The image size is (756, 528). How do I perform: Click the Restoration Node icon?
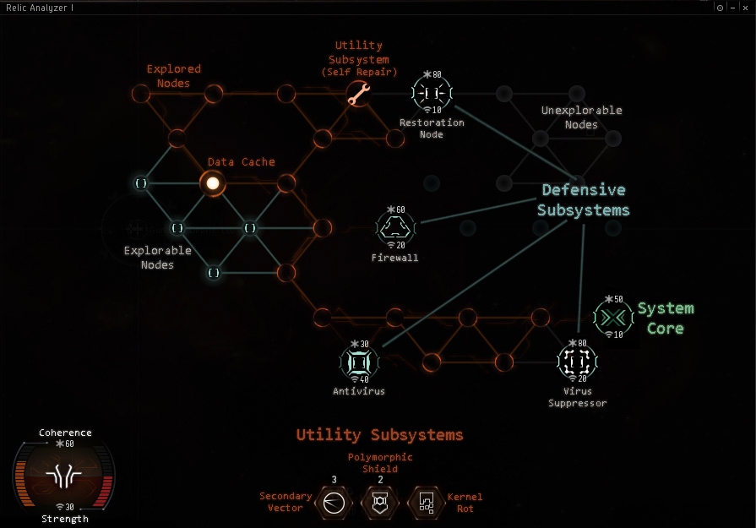pos(432,93)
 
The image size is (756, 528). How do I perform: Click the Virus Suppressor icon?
pos(577,362)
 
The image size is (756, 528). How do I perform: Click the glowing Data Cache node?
pos(213,182)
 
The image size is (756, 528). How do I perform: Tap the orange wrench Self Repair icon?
pos(359,94)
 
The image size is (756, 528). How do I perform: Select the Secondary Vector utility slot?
pos(333,503)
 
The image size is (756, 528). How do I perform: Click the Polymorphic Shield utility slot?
pos(379,503)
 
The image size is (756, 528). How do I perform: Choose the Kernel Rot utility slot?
pos(427,503)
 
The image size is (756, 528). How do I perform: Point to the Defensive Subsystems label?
pos(584,200)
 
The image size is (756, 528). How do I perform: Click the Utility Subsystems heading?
pos(379,435)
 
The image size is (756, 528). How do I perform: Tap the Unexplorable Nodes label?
pos(581,117)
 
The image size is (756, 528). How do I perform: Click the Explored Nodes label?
pos(174,76)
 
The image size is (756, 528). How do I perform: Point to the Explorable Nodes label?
pos(158,258)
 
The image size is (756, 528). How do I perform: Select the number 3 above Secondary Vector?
pos(334,480)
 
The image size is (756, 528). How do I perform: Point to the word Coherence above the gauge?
pos(65,433)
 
